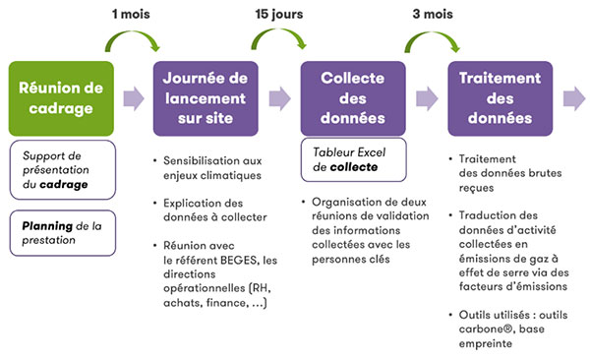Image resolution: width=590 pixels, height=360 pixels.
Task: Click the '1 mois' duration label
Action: point(133,15)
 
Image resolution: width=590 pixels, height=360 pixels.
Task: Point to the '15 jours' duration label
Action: point(278,15)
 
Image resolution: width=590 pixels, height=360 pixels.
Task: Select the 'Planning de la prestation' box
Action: point(63,232)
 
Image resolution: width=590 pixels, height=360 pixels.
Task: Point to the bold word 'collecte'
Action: point(351,168)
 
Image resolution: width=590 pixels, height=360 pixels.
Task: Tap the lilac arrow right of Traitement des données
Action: point(574,97)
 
